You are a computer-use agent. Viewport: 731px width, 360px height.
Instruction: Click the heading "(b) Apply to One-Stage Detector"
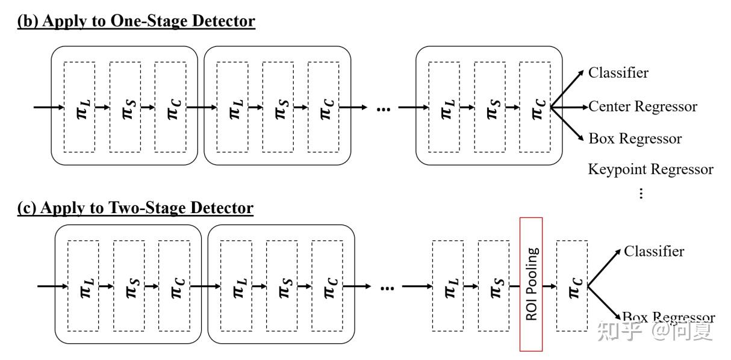(136, 21)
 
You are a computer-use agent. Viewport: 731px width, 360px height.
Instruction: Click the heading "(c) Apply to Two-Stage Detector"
(135, 208)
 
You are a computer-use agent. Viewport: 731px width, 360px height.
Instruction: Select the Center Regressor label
(642, 107)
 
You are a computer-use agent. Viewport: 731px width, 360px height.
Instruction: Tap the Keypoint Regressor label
(650, 169)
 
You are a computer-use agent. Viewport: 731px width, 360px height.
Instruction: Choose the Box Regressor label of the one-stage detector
(635, 138)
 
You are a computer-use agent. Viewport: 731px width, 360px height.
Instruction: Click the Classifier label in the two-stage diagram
(653, 251)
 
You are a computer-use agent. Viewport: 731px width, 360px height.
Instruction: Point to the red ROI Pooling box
(531, 284)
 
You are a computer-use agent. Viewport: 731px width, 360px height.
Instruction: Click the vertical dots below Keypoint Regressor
(641, 193)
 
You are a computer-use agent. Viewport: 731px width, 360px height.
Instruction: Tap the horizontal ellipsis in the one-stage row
(383, 108)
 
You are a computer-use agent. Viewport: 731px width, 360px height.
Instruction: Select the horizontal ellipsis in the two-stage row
(387, 287)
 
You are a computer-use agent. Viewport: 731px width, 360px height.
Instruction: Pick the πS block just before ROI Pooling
(493, 285)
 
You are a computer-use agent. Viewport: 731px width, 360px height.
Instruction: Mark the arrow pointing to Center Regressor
(570, 107)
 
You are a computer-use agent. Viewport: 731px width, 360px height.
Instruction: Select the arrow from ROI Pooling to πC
(549, 286)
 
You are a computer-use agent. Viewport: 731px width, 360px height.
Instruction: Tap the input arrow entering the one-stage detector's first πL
(48, 108)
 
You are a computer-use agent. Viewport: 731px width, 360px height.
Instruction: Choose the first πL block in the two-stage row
(83, 285)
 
